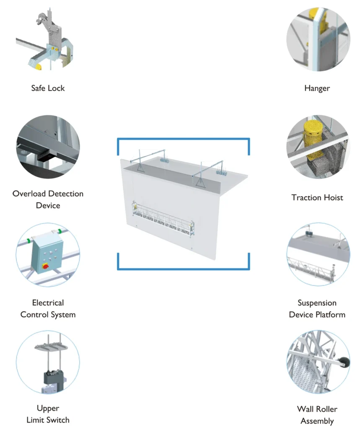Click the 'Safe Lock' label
(x=48, y=88)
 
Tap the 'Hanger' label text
(x=317, y=88)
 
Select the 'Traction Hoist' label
(x=317, y=197)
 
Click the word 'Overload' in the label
(x=29, y=194)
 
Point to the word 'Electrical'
(x=48, y=302)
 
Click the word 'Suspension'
(x=317, y=302)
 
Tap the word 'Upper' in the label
(x=48, y=408)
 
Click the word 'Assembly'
(x=317, y=421)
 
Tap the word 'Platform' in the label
(x=331, y=314)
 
